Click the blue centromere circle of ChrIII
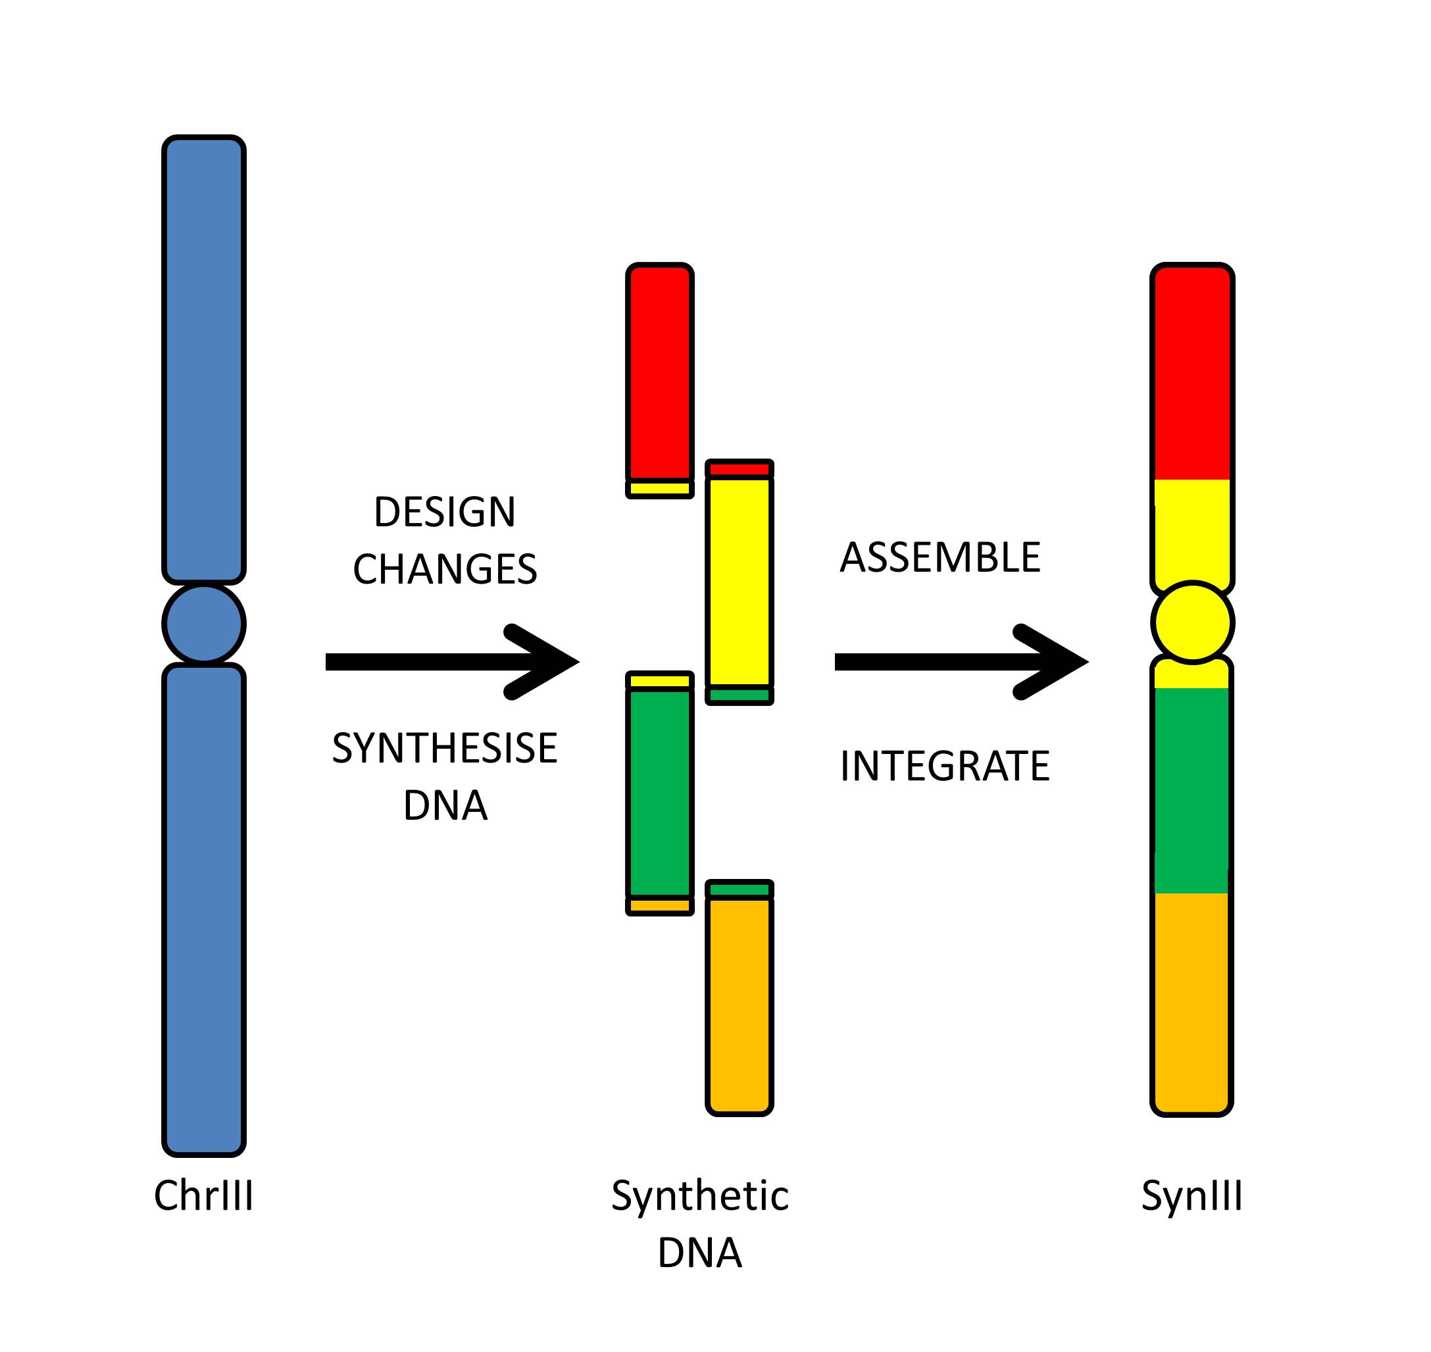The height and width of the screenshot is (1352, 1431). click(204, 624)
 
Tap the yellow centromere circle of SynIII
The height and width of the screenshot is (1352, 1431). click(1192, 622)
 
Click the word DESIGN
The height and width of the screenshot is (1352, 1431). click(445, 513)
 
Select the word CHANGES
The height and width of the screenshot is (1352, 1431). click(445, 569)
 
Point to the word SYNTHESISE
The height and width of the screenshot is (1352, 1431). click(445, 748)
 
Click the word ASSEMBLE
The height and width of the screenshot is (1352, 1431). click(940, 558)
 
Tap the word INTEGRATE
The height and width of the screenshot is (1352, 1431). click(945, 765)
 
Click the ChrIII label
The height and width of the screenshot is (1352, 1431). click(204, 1196)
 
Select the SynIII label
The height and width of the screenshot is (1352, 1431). click(1192, 1196)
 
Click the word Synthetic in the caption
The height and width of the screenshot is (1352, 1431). click(699, 1196)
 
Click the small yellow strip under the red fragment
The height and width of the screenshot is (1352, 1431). click(659, 489)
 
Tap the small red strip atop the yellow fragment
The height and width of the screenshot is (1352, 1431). click(740, 469)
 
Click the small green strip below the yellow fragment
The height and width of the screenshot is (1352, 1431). click(740, 695)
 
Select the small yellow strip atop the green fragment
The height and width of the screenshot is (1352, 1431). click(659, 680)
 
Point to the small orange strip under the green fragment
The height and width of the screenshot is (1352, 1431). click(659, 906)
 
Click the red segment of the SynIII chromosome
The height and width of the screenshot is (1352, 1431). click(1192, 375)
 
